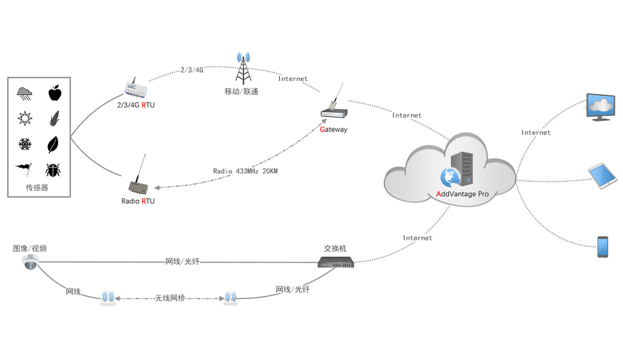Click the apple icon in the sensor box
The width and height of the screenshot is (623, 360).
coord(55,94)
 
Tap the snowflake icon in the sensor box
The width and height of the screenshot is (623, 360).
coord(25,145)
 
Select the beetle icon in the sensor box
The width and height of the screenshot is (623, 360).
coord(53,170)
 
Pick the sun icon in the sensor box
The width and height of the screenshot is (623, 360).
coord(25,118)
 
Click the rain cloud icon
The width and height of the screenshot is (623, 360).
coord(25,94)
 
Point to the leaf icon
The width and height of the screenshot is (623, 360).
coord(54,145)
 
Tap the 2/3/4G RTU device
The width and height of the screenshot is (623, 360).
coord(137,87)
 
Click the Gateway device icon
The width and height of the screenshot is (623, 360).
coord(334,111)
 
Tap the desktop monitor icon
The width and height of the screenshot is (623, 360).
coord(601,107)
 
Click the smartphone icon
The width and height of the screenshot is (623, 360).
coord(603,247)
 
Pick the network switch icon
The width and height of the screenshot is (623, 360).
coord(336,262)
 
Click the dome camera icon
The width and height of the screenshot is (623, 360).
coord(30,262)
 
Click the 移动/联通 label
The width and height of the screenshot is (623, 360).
coord(241,92)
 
